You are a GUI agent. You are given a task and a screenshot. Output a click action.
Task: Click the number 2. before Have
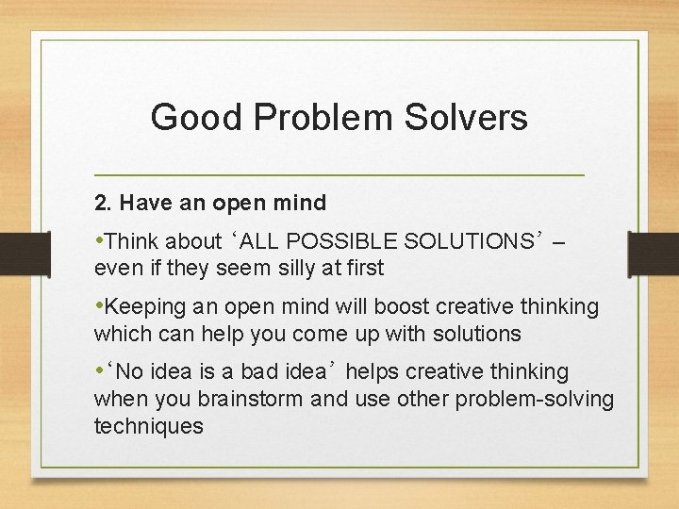pyautogui.click(x=103, y=203)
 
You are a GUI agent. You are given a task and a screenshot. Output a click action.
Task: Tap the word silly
pyautogui.click(x=291, y=268)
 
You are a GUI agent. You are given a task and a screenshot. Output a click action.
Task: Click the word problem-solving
pyautogui.click(x=534, y=399)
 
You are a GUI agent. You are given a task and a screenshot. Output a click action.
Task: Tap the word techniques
pyautogui.click(x=148, y=425)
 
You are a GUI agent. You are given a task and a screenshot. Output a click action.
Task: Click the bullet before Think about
pyautogui.click(x=99, y=239)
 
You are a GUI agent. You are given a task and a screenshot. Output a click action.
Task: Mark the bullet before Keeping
pyautogui.click(x=99, y=306)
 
